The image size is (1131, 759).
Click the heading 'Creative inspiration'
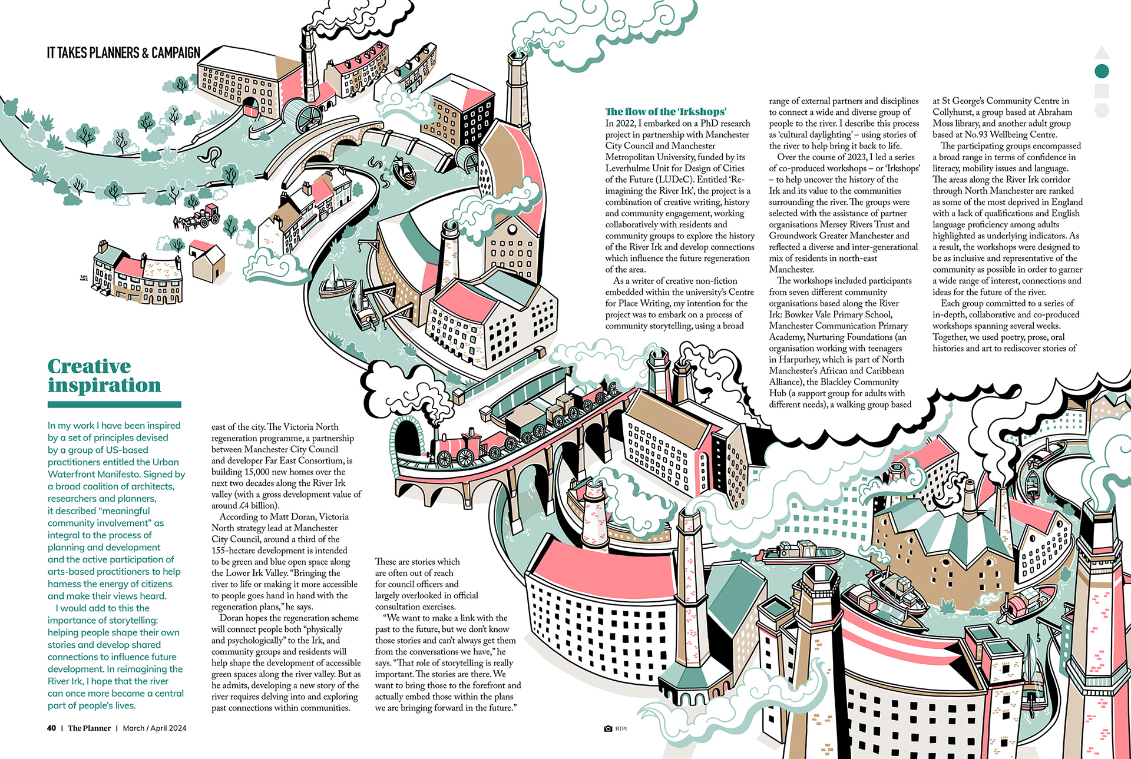104,376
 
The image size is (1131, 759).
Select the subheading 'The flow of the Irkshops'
666,112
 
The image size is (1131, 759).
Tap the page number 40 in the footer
52,728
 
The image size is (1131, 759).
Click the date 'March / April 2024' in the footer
154,728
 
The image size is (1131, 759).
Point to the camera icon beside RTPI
608,729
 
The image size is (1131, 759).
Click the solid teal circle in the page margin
1102,71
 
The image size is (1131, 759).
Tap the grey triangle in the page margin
1102,52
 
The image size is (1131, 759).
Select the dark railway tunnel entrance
406,439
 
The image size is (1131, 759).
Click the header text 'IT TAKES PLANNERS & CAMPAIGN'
124,53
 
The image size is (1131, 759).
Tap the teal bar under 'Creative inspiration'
114,405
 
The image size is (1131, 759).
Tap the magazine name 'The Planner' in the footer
89,728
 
